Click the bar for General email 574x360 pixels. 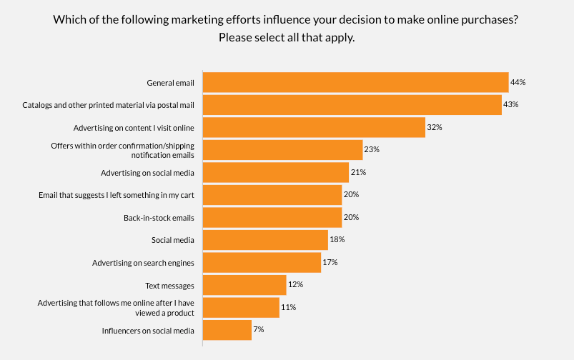(356, 82)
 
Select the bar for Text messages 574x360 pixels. (244, 285)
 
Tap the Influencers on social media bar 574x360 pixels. (227, 330)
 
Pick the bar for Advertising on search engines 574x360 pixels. (262, 262)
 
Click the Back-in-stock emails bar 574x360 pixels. (272, 217)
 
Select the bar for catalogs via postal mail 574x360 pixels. (352, 105)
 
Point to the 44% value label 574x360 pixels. (518, 82)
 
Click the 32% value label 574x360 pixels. (435, 127)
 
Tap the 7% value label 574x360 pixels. (259, 329)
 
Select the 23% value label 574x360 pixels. (372, 149)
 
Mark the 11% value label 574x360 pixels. (289, 307)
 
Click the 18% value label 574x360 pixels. (337, 239)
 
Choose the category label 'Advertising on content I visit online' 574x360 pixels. (134, 128)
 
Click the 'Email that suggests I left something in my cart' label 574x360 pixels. (117, 196)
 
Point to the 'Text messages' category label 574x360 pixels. (169, 286)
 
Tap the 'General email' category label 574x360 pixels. (171, 83)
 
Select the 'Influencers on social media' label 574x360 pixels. (148, 331)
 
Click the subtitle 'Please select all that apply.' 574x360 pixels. (287, 38)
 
